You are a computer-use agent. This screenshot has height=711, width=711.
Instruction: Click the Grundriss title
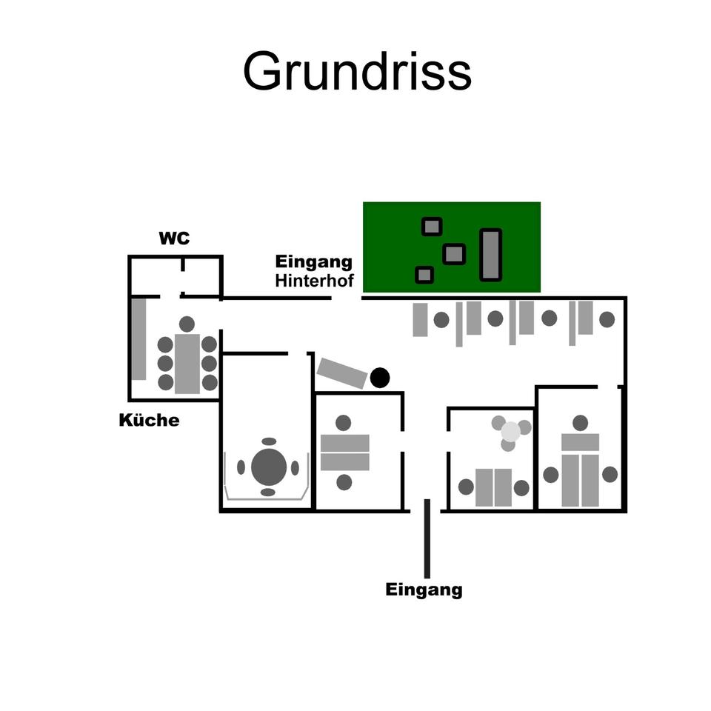coord(357,72)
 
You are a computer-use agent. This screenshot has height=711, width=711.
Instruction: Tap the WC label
coord(174,238)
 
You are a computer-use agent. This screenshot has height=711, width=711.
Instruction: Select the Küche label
coord(149,421)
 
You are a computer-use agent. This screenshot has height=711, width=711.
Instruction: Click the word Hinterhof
coord(314,281)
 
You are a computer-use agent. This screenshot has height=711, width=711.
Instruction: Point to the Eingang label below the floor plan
coord(424,590)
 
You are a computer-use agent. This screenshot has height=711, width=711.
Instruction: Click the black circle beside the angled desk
coord(380,378)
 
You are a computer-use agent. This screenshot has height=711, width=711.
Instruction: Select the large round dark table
coord(269,467)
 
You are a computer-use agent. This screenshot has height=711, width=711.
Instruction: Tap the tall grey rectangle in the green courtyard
coord(490,255)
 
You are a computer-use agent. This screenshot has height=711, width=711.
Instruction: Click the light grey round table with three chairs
coord(510,431)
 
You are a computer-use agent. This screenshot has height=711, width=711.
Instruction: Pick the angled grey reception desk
coord(342,373)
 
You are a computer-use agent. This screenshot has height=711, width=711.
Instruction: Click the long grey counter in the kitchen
coord(138,338)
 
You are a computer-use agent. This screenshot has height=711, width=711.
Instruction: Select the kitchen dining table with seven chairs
coord(187,363)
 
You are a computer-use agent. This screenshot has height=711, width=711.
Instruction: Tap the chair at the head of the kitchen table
coord(187,324)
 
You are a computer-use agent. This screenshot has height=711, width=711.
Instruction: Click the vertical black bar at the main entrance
coord(427,538)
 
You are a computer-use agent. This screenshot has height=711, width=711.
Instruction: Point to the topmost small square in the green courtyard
coord(432,226)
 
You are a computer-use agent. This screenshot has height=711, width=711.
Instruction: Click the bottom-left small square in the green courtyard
coord(424,275)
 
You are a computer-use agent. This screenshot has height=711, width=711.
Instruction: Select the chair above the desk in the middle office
coord(343,423)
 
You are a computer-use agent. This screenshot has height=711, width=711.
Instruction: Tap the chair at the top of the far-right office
coord(580,423)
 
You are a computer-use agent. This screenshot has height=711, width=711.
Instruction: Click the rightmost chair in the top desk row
coord(607,319)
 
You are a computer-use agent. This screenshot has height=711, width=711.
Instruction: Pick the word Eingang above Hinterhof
coord(314,262)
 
